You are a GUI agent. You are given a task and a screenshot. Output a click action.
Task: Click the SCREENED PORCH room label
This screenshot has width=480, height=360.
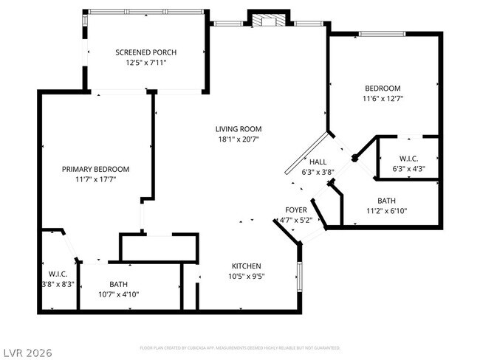pyautogui.click(x=145, y=52)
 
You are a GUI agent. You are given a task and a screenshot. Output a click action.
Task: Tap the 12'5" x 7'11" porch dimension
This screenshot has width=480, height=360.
pyautogui.click(x=145, y=63)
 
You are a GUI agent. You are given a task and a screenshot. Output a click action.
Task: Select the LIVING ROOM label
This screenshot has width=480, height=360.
pyautogui.click(x=239, y=128)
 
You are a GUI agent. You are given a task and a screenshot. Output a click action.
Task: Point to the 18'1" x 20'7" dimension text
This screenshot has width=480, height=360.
pyautogui.click(x=239, y=139)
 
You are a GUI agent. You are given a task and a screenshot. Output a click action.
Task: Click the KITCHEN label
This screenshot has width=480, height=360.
pyautogui.click(x=247, y=266)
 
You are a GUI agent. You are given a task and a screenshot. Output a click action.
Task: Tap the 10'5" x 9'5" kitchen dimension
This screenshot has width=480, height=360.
pyautogui.click(x=247, y=277)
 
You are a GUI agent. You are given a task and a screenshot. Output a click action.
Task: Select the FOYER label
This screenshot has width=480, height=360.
pyautogui.click(x=296, y=210)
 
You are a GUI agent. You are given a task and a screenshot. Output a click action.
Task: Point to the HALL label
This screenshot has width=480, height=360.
pyautogui.click(x=318, y=162)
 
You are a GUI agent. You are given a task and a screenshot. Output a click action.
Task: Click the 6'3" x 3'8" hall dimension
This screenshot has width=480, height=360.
pyautogui.click(x=318, y=172)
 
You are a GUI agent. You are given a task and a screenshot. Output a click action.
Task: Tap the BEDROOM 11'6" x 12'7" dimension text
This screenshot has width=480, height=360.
pyautogui.click(x=383, y=98)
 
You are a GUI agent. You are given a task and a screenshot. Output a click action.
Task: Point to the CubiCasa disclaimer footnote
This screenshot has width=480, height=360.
pyautogui.click(x=239, y=347)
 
